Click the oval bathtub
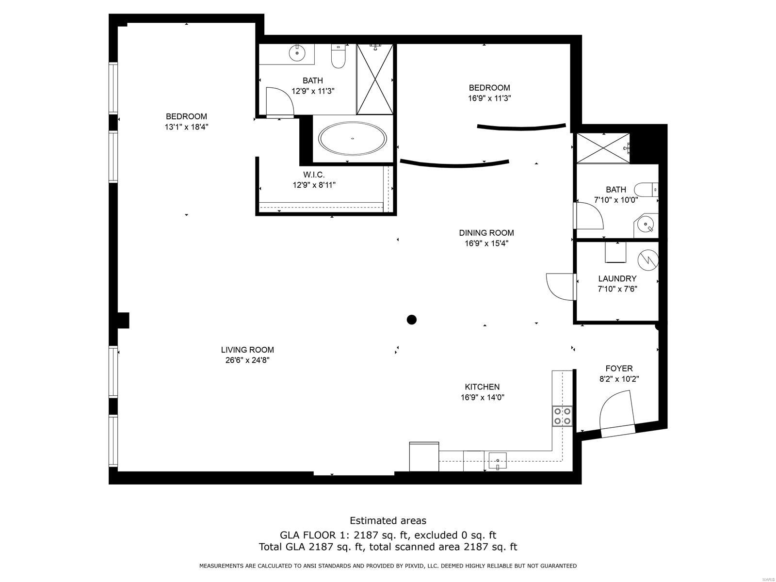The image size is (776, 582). click(x=352, y=139)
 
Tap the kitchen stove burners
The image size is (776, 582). click(x=562, y=416)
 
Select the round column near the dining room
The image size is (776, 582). click(x=411, y=320)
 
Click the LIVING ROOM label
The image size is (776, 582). click(x=247, y=350)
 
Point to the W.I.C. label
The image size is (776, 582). click(x=314, y=175)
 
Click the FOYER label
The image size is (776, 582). click(x=619, y=369)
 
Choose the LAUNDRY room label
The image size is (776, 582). click(x=617, y=278)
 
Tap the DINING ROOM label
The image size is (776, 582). click(x=486, y=233)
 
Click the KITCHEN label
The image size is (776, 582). click(x=482, y=387)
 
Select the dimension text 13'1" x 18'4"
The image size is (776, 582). click(x=186, y=127)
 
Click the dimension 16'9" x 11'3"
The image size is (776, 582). click(x=490, y=98)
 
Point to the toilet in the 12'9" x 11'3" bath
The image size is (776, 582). click(x=338, y=56)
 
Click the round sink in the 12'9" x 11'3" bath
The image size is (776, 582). click(x=297, y=53)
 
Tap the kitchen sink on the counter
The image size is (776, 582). click(x=498, y=461)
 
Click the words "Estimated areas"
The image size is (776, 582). click(x=388, y=520)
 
